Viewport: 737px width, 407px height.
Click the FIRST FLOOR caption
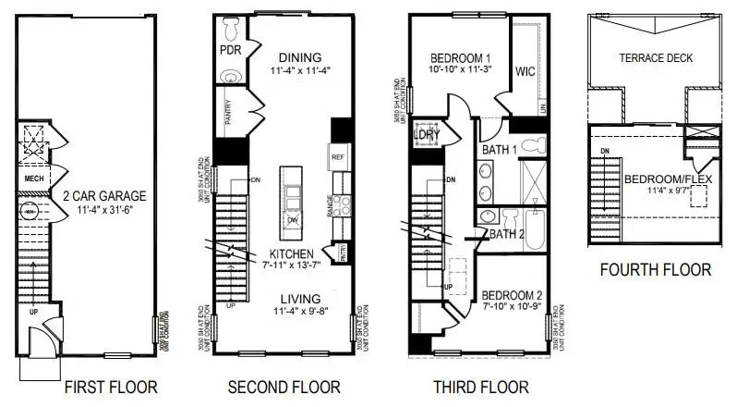click(x=111, y=387)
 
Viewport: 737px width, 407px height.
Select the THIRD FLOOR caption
click(x=481, y=387)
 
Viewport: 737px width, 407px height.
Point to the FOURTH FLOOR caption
click(x=656, y=270)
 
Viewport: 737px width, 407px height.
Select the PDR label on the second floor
click(x=230, y=49)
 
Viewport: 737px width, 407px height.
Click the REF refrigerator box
click(x=337, y=158)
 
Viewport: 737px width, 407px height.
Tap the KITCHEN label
click(x=293, y=253)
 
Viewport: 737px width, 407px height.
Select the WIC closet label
click(x=525, y=70)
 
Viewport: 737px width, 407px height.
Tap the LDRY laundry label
click(x=427, y=136)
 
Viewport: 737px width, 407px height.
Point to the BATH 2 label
click(x=508, y=233)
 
